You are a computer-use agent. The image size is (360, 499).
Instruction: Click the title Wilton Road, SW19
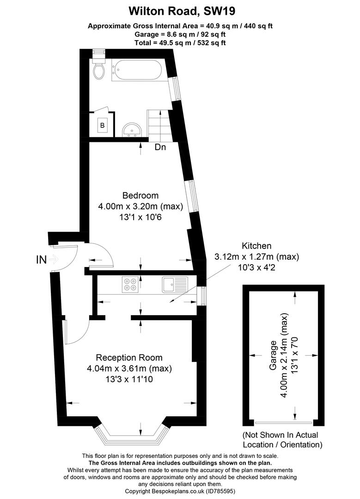pos(182,11)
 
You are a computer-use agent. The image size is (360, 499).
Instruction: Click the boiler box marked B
pos(102,125)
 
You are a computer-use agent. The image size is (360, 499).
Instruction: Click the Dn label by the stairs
pos(160,147)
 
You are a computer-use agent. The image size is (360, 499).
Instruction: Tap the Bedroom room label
pos(140,195)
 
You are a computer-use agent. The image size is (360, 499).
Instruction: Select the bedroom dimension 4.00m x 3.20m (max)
pos(140,207)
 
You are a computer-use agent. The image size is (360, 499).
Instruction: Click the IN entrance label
pos(42,260)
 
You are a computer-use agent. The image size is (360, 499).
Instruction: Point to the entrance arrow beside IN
pos(54,259)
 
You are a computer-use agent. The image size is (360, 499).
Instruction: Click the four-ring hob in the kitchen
pos(130,284)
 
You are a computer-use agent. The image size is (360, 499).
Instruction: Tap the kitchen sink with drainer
pos(175,284)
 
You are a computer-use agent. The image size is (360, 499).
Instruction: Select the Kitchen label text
pos(256,246)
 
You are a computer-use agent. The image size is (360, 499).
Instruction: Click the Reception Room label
pos(129,358)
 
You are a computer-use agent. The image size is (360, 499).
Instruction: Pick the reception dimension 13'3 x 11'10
pos(129,379)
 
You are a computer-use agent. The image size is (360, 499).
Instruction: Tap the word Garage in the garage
pos(273,355)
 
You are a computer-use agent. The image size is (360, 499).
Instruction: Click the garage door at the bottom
pos(284,423)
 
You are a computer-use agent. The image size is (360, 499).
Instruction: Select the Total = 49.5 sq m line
pos(180,43)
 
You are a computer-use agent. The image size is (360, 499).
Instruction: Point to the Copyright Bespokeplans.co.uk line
pos(180,491)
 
